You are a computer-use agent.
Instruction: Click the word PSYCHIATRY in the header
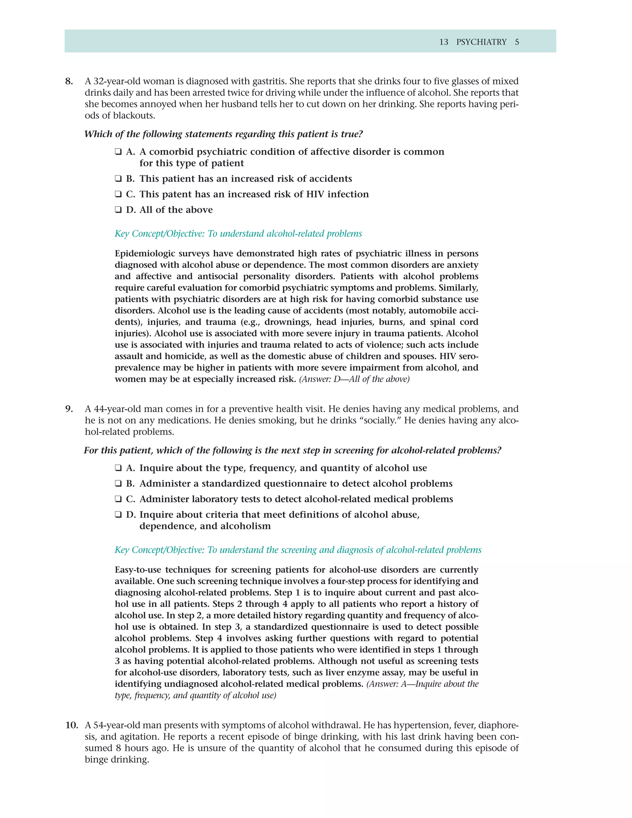pyautogui.click(x=481, y=42)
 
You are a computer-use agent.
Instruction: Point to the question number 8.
pyautogui.click(x=69, y=81)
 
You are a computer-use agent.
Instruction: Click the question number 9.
pyautogui.click(x=69, y=409)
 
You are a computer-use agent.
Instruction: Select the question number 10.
pyautogui.click(x=72, y=725)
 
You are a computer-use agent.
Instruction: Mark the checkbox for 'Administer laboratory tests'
pyautogui.click(x=118, y=499)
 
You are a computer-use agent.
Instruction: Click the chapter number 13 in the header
pyautogui.click(x=444, y=42)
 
